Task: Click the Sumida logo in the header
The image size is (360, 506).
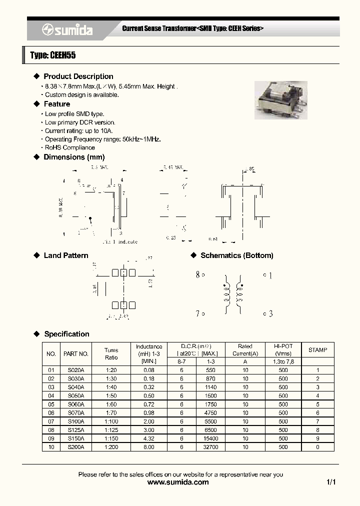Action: pos(67,30)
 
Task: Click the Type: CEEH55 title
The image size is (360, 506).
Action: pos(53,55)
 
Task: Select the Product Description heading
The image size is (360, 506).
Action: pos(78,76)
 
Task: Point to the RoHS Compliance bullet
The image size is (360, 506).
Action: pos(69,147)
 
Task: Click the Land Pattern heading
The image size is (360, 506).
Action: pos(65,255)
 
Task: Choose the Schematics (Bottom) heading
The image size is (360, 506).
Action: pos(236,255)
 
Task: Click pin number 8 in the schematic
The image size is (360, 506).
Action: pos(198,274)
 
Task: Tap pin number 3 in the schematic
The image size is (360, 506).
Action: pos(270,313)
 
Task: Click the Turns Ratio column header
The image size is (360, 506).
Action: pos(111,354)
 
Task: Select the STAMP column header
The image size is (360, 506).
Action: pos(317,350)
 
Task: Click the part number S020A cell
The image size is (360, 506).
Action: pos(76,370)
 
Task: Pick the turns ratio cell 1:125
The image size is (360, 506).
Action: pos(111,429)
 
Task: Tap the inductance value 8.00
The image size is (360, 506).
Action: pos(149,446)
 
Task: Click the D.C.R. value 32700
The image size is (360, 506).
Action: pos(210,446)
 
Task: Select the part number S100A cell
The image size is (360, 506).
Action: pos(76,421)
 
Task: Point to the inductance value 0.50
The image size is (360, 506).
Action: pos(149,395)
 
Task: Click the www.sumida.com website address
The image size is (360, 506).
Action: pos(178,482)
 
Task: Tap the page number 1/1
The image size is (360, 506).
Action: pos(330,482)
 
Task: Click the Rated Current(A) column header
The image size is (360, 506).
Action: pos(245,350)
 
